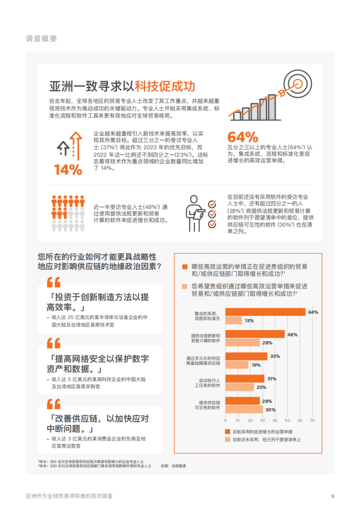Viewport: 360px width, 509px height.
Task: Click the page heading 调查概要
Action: [x=41, y=39]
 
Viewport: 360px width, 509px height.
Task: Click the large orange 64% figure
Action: [x=243, y=137]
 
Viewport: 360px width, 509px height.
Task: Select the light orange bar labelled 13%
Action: [x=234, y=320]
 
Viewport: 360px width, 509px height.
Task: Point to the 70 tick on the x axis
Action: [x=312, y=420]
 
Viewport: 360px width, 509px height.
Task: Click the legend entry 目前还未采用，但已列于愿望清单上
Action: [x=266, y=440]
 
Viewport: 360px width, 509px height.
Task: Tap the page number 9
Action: [x=332, y=495]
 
